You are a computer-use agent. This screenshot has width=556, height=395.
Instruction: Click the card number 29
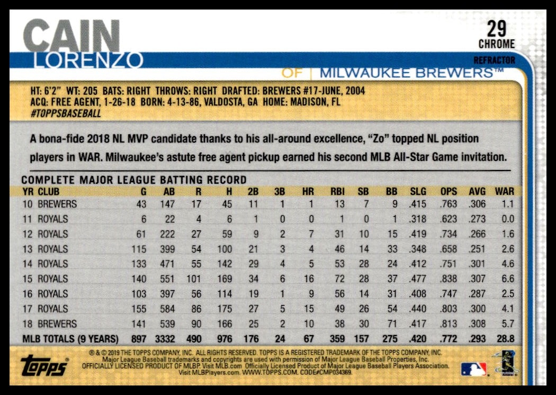click(497, 27)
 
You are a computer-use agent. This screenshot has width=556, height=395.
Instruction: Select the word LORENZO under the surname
click(87, 60)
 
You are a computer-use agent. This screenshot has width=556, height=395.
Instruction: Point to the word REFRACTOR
click(494, 60)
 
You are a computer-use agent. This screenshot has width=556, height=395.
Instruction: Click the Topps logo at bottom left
click(45, 365)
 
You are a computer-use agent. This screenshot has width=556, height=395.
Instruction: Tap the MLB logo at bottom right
click(473, 369)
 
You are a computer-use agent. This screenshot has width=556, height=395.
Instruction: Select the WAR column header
click(504, 192)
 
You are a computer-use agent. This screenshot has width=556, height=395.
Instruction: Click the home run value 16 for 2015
click(309, 279)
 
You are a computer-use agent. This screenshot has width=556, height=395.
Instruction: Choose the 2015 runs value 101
click(193, 279)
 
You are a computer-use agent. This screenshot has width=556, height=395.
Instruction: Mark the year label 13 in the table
click(27, 249)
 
